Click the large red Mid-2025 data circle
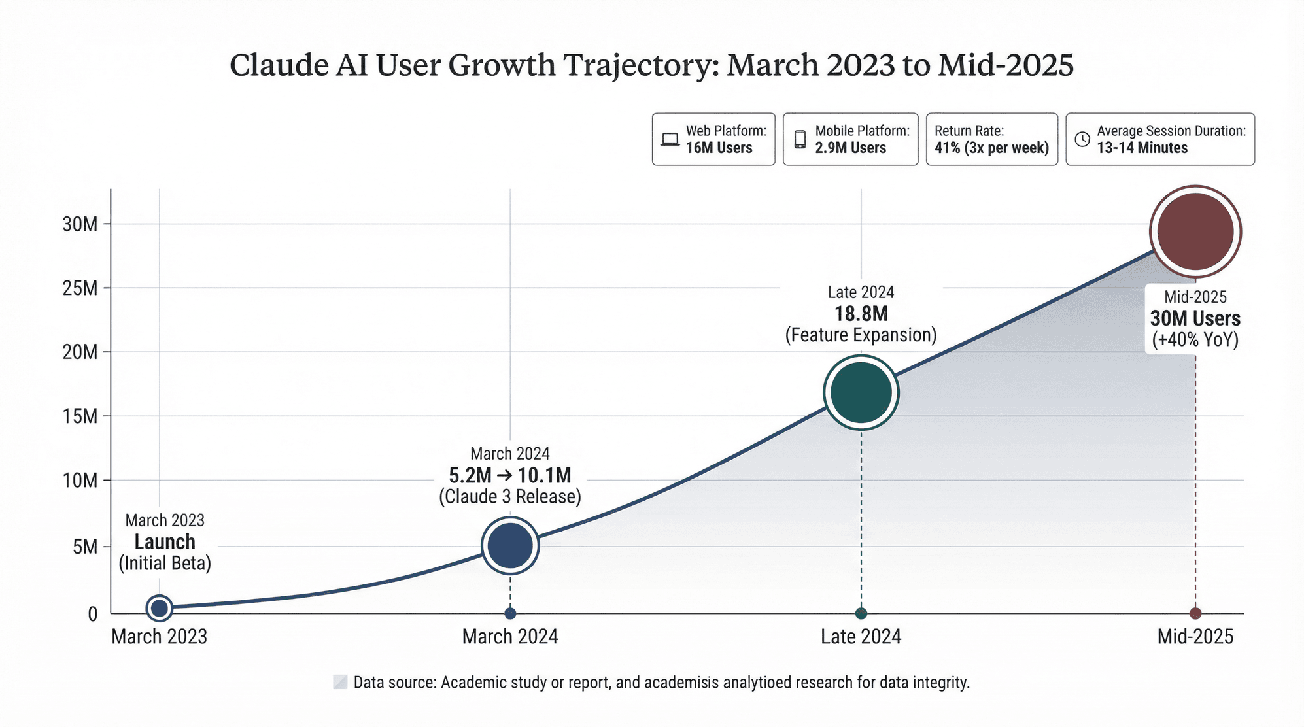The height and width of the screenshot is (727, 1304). click(x=1195, y=231)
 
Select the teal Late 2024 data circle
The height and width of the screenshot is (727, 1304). click(x=861, y=392)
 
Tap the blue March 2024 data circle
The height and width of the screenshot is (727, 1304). click(x=510, y=545)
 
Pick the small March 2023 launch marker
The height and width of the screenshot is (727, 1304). click(x=159, y=608)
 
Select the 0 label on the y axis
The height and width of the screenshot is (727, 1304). click(x=93, y=614)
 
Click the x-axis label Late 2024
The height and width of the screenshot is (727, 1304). click(x=861, y=636)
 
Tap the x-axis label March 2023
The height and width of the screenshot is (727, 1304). click(x=159, y=636)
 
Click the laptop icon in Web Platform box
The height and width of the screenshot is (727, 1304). click(x=670, y=139)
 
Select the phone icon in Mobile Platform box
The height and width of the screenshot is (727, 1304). click(x=800, y=139)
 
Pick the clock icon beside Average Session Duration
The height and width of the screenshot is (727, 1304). click(x=1082, y=139)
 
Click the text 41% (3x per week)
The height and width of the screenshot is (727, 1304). click(x=991, y=148)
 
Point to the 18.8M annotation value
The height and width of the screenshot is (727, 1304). click(x=861, y=314)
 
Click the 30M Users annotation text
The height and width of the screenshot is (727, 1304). click(x=1195, y=318)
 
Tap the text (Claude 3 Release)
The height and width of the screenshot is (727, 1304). click(x=509, y=497)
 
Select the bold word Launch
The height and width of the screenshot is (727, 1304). click(x=165, y=542)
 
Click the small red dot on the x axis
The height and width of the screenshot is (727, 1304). click(x=1195, y=613)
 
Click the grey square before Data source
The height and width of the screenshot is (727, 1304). click(x=340, y=683)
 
